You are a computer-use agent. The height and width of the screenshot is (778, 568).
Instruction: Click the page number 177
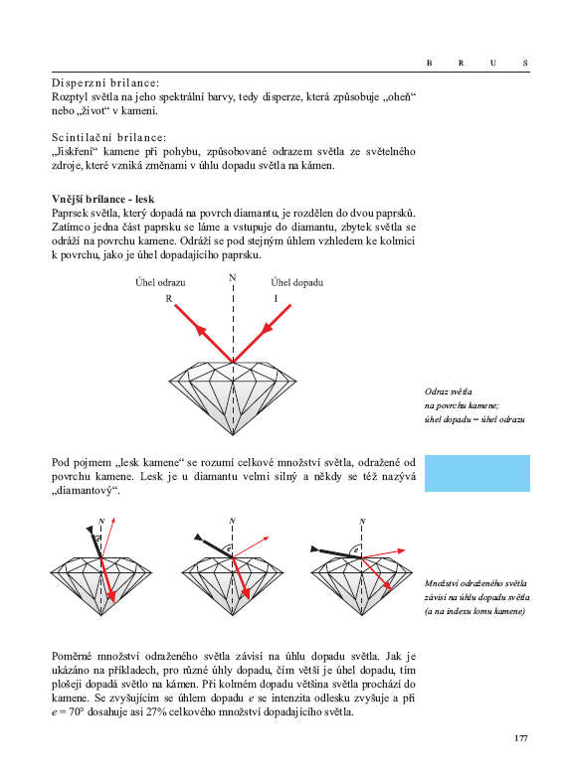(x=521, y=737)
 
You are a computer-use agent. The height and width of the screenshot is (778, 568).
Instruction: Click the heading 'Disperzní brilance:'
(x=106, y=83)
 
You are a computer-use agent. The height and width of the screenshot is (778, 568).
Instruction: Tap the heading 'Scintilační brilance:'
(x=109, y=137)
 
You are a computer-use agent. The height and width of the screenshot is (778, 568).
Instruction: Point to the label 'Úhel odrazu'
(x=161, y=282)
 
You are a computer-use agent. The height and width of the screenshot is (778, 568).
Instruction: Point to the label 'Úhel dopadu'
(x=297, y=282)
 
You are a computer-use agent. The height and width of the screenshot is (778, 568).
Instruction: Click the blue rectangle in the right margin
(x=476, y=473)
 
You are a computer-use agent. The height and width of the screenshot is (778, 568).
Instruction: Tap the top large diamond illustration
(x=233, y=394)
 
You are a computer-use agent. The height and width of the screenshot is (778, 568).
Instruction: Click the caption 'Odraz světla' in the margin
(x=448, y=392)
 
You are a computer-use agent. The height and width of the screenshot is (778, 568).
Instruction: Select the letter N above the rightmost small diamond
(x=363, y=521)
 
